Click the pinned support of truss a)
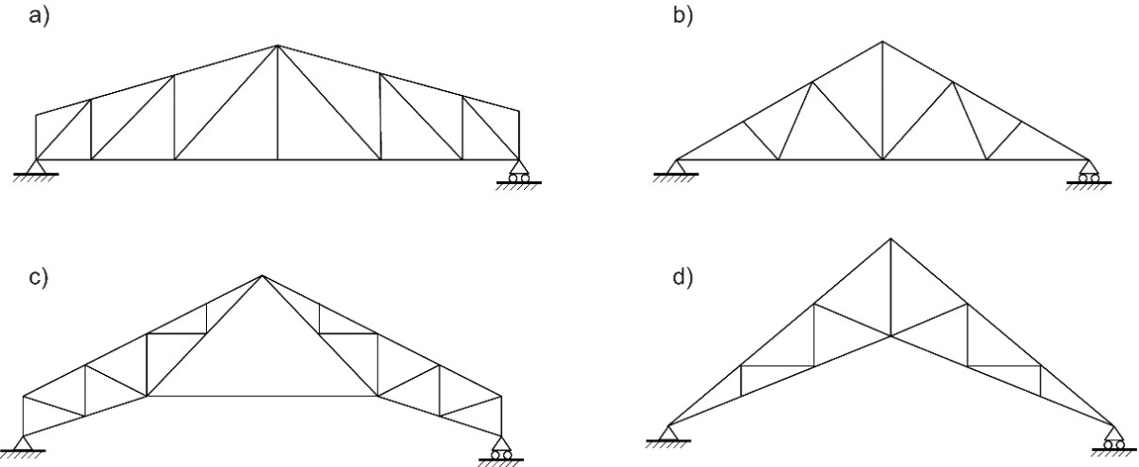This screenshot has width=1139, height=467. coord(36,168)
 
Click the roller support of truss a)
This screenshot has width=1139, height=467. coord(518,172)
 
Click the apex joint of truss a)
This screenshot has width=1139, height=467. coord(277,46)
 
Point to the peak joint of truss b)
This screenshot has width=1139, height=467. coord(882,41)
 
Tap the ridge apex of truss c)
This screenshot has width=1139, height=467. coord(262,276)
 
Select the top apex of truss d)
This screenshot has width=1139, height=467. coord(890,238)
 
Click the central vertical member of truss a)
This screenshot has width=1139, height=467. coord(277,104)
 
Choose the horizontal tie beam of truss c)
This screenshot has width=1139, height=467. coord(262,396)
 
